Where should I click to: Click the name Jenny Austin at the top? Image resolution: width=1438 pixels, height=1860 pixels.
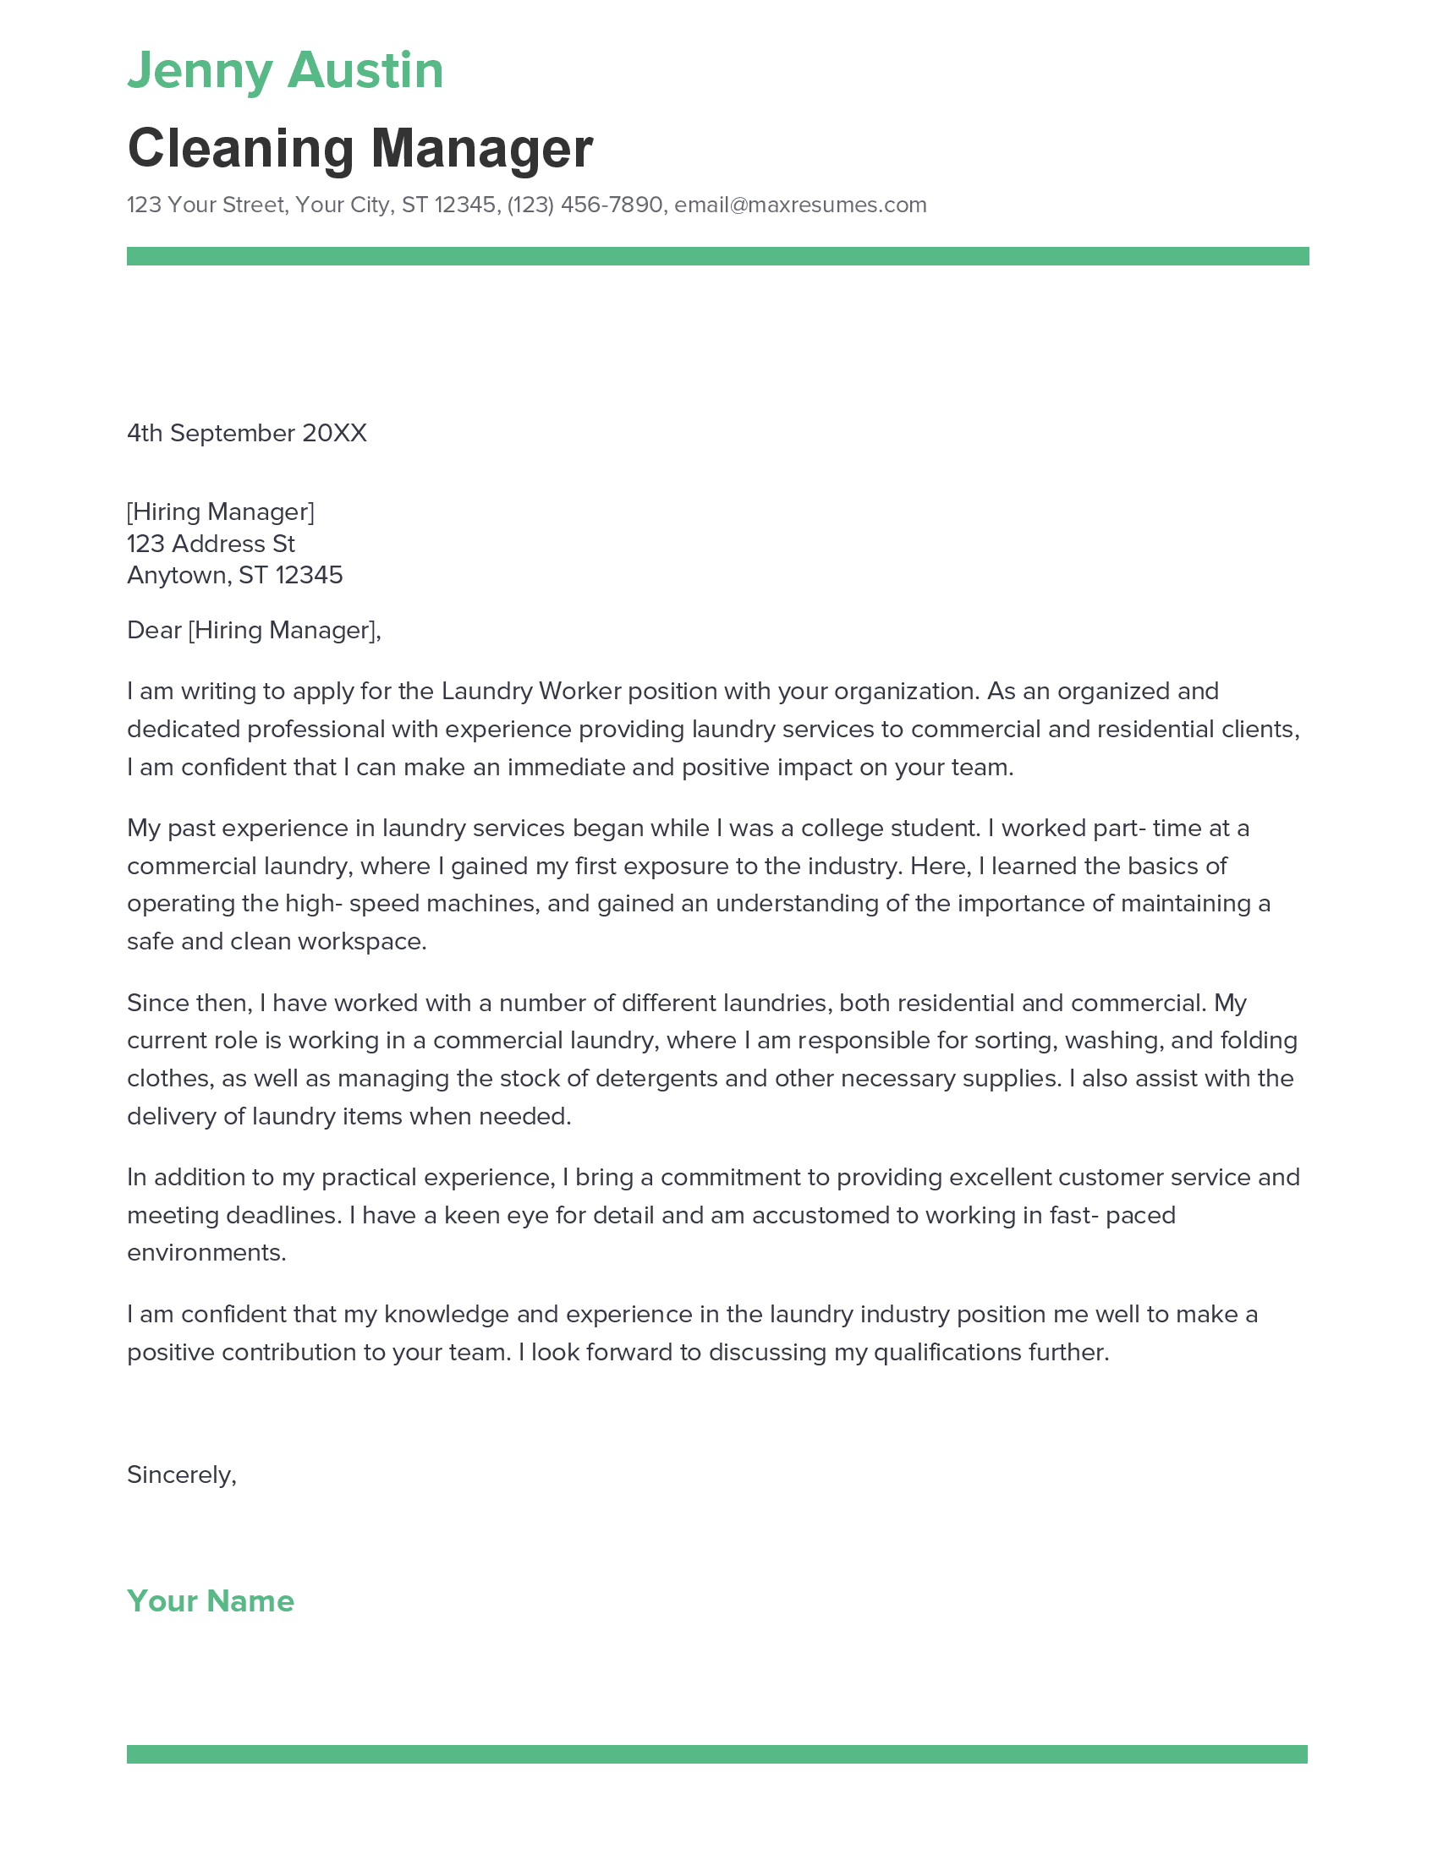click(x=285, y=70)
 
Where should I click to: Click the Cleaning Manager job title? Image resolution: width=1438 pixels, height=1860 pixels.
click(x=359, y=148)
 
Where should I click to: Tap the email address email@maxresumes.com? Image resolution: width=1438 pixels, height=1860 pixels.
click(x=800, y=205)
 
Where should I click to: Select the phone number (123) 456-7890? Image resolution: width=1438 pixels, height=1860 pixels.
click(x=585, y=205)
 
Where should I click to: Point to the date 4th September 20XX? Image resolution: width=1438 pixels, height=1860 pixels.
click(x=246, y=434)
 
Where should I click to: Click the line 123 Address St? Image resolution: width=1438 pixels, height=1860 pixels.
click(x=211, y=544)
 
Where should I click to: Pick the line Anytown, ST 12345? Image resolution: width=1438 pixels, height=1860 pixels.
click(x=234, y=576)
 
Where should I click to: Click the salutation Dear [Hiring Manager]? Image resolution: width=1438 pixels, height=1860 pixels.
click(x=254, y=630)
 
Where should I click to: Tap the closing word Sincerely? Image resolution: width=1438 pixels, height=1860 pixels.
click(x=182, y=1475)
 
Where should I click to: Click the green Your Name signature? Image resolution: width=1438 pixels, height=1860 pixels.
click(x=211, y=1601)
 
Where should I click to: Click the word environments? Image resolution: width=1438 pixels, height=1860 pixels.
click(x=206, y=1253)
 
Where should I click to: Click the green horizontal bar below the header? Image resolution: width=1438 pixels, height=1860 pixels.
click(x=717, y=256)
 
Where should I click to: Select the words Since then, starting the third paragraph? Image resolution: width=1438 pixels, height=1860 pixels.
click(x=189, y=1004)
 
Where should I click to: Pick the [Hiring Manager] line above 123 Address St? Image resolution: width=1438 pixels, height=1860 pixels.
click(x=221, y=511)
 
